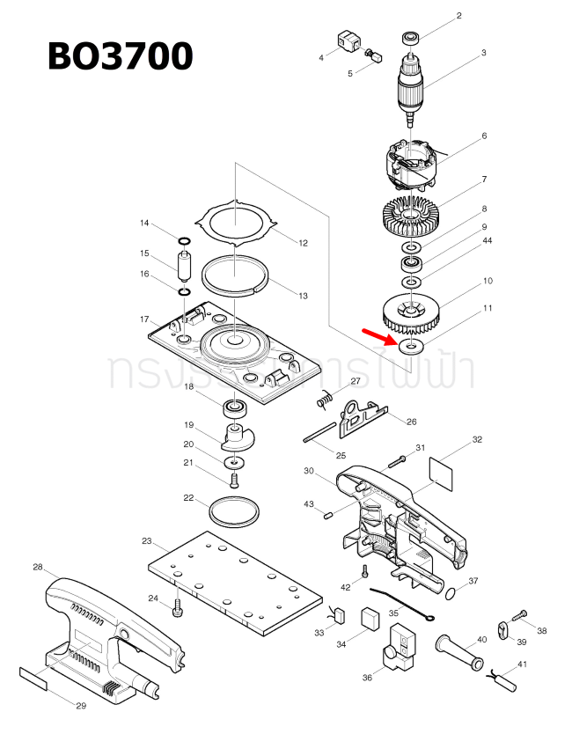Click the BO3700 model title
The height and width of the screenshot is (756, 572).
(120, 56)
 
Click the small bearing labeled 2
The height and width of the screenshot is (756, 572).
(410, 38)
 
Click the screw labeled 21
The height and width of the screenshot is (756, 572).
(234, 480)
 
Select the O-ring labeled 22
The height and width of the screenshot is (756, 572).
(235, 510)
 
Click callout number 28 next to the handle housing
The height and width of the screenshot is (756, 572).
(38, 567)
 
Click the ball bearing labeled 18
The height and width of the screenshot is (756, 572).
(234, 407)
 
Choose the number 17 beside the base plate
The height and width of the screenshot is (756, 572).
(144, 319)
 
